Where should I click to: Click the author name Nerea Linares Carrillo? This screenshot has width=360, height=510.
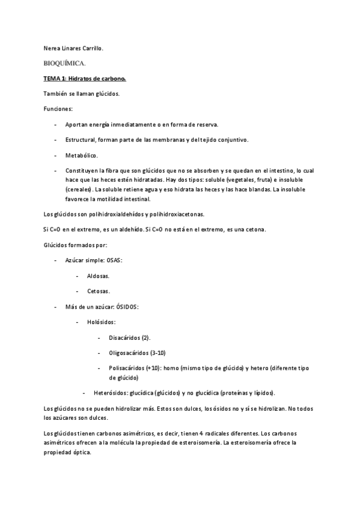[x=73, y=48]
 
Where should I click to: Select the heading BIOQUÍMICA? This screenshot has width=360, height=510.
[x=65, y=63]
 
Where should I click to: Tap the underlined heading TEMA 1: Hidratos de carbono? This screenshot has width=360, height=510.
[x=84, y=78]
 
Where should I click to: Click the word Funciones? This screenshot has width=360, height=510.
[x=58, y=109]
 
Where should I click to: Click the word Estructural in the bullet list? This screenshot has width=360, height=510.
[x=82, y=140]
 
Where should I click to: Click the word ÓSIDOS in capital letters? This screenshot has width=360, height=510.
[x=126, y=307]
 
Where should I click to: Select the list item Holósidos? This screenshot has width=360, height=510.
[x=101, y=322]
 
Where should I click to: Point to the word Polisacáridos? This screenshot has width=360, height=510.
[x=130, y=368]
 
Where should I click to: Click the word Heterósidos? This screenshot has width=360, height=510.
[x=114, y=393]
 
